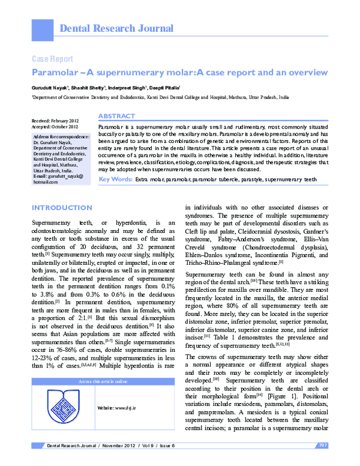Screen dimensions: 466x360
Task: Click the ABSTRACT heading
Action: click(116, 115)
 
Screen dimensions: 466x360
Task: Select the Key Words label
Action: click(115, 162)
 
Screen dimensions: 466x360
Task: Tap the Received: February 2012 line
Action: click(55, 121)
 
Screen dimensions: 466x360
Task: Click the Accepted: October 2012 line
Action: click(55, 127)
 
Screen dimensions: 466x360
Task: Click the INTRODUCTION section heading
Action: click(61, 207)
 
